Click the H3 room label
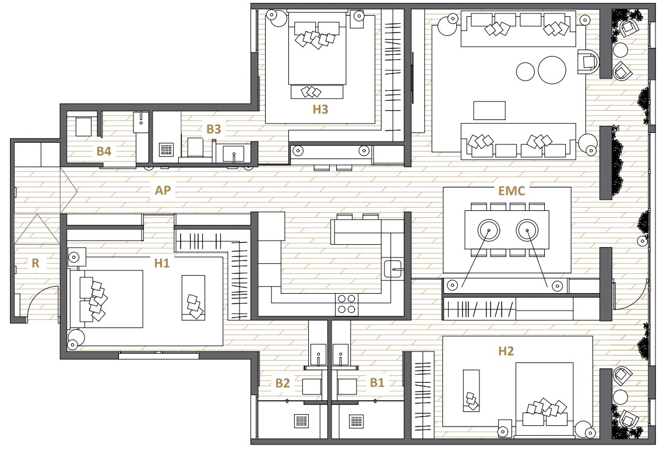[x=320, y=110]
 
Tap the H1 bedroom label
[x=161, y=263]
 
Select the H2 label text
[x=506, y=351]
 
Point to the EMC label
[x=512, y=191]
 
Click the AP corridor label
[x=163, y=191]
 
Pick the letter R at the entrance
[x=36, y=263]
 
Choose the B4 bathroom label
[x=104, y=151]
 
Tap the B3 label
[x=214, y=129]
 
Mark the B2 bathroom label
[x=283, y=383]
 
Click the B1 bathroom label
[x=377, y=383]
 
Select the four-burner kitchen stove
[x=346, y=305]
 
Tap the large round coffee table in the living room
[x=552, y=70]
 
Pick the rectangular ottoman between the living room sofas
[x=489, y=111]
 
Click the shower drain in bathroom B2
[x=301, y=421]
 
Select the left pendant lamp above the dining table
[x=489, y=230]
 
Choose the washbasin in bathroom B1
[x=340, y=354]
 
